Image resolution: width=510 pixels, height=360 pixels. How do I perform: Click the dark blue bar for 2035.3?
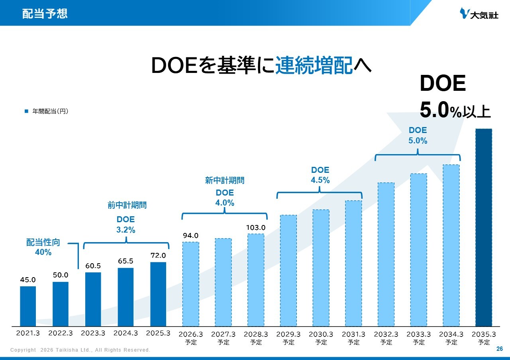click(483, 227)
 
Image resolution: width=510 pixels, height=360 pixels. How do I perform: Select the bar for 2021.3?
click(28, 306)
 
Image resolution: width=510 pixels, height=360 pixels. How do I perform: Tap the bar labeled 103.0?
click(255, 280)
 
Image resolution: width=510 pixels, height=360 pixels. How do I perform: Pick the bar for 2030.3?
click(321, 268)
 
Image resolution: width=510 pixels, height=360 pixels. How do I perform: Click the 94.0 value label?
click(190, 235)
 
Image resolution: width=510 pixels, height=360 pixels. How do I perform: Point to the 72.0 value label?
click(158, 255)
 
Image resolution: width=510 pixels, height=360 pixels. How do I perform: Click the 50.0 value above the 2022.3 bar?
click(61, 275)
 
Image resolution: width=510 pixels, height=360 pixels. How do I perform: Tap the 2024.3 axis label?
click(126, 333)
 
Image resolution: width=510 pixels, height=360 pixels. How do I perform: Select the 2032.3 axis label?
click(386, 335)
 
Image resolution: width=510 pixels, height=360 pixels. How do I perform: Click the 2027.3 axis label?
click(223, 335)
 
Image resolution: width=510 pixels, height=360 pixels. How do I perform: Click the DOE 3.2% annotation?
click(126, 225)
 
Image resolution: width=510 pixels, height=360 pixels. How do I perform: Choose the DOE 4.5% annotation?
click(320, 175)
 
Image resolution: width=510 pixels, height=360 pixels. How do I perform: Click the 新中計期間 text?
click(225, 181)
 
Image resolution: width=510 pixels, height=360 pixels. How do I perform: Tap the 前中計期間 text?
click(127, 205)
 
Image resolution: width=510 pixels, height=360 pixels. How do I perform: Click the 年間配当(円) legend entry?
click(47, 112)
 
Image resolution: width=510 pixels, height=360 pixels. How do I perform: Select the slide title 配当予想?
click(45, 14)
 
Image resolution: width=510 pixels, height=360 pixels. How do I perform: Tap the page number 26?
click(500, 349)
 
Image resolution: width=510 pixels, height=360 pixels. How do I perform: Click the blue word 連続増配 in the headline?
click(314, 65)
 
